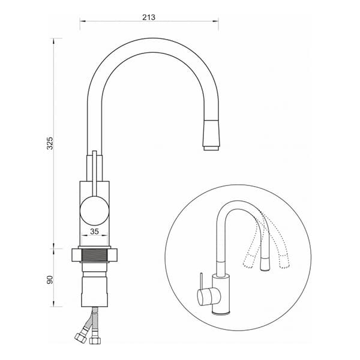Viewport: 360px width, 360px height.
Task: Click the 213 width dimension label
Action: click(x=149, y=17)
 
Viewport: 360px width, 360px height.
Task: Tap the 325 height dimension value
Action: click(x=50, y=143)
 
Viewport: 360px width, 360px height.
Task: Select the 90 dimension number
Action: click(x=50, y=280)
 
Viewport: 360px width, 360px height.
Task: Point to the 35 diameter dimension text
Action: click(x=94, y=232)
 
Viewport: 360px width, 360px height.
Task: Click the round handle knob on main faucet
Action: click(x=94, y=211)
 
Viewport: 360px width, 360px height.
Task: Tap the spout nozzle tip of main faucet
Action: click(x=211, y=148)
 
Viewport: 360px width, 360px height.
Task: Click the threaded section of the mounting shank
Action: click(x=95, y=255)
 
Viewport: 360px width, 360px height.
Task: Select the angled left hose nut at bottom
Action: click(x=81, y=337)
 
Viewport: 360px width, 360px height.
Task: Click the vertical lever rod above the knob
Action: click(x=94, y=173)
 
